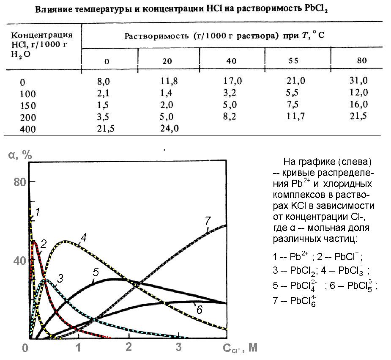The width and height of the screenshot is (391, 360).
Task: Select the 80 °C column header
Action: point(362,60)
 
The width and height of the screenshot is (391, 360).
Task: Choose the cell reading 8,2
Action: point(231,116)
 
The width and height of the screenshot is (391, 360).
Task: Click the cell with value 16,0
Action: point(359,104)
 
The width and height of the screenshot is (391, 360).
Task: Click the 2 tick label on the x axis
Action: point(129,348)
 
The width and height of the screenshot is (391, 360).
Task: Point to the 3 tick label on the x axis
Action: point(179,348)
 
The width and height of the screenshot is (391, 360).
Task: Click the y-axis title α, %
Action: point(20,155)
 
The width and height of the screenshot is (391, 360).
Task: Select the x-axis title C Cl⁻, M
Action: point(240,348)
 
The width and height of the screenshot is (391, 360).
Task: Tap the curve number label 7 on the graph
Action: point(207,220)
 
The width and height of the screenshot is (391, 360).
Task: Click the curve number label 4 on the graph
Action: point(83,237)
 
